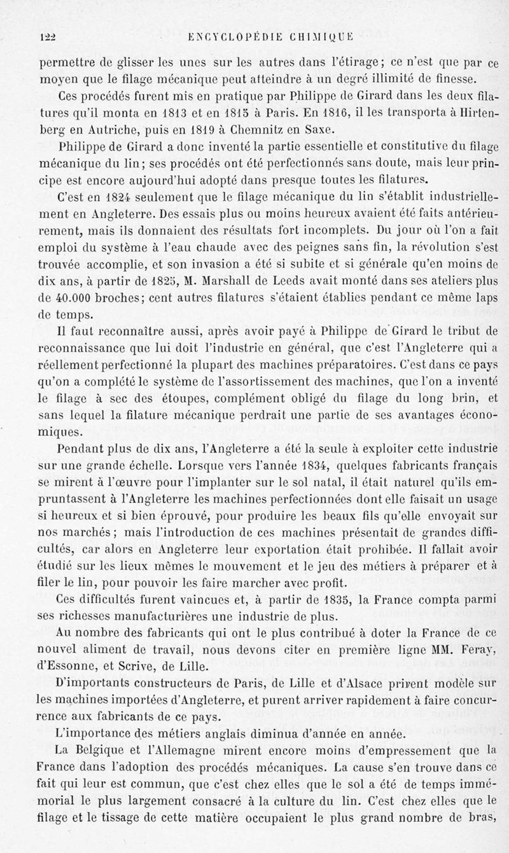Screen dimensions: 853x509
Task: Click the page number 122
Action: pyautogui.click(x=48, y=38)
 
